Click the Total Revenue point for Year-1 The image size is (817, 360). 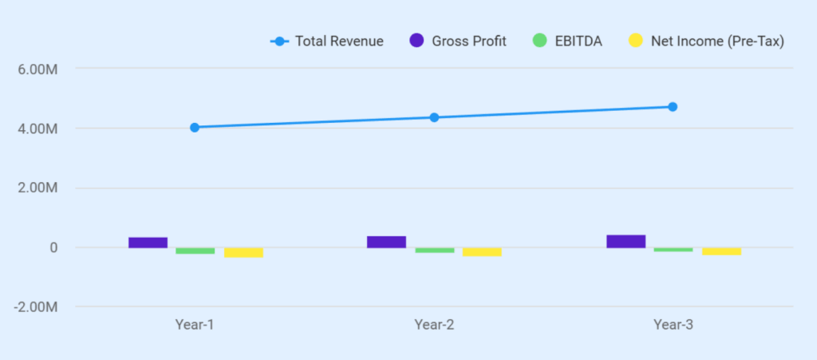[x=195, y=127]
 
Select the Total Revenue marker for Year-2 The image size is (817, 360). [x=434, y=117]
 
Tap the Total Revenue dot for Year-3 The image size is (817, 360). [x=673, y=107]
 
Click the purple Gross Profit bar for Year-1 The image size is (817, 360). [x=148, y=243]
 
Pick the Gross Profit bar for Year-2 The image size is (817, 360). [x=386, y=242]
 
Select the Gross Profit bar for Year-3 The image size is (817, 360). [x=626, y=241]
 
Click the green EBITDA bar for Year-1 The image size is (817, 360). [x=195, y=251]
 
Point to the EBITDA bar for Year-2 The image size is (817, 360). [x=434, y=250]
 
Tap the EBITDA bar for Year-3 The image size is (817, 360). [x=673, y=250]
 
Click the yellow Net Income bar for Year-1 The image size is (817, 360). [x=243, y=252]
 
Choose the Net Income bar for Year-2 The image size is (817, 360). [x=482, y=251]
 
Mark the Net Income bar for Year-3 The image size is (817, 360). [x=721, y=251]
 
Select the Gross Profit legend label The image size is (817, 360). [x=469, y=41]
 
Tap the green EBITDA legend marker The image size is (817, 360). [x=540, y=41]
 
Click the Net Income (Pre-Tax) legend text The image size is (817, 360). [x=717, y=41]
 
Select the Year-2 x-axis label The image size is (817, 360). [x=434, y=325]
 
